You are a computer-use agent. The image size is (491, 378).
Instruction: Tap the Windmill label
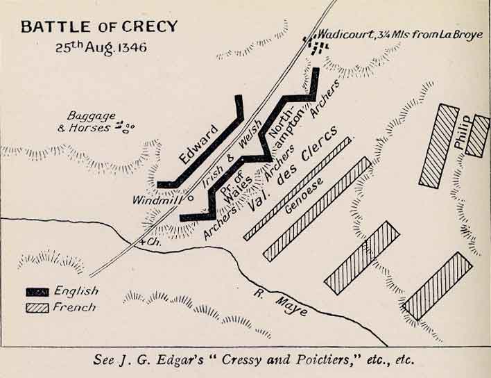(160, 199)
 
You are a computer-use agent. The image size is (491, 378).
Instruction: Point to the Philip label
(463, 132)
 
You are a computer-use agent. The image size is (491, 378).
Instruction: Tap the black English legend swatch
(38, 292)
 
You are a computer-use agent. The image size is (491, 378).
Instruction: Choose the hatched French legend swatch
(38, 307)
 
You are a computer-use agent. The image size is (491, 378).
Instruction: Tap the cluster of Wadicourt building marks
(317, 47)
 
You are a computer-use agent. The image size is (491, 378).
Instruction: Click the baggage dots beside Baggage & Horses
(126, 126)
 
